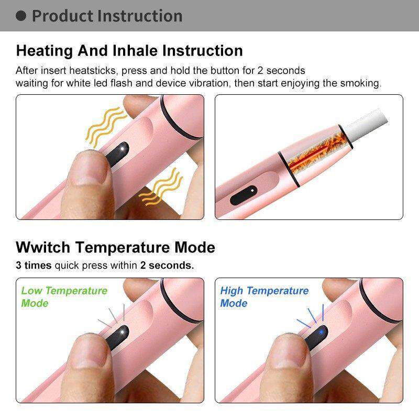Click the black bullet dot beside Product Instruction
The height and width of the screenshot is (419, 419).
21,16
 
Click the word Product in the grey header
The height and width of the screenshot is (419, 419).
62,16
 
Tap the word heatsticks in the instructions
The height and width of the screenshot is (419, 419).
93,71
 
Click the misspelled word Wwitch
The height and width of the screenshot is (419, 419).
43,247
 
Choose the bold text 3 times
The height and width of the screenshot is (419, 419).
34,266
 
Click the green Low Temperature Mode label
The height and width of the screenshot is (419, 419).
64,296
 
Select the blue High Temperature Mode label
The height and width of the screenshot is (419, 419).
264,296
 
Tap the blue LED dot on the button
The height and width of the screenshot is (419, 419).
321,332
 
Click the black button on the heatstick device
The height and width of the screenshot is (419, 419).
244,195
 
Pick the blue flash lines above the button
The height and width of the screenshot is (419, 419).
311,316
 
